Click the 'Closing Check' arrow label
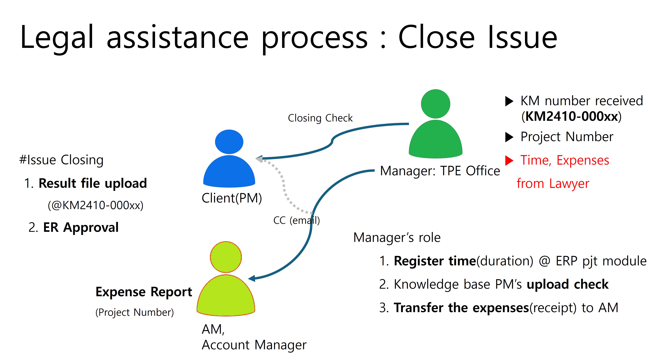coord(320,118)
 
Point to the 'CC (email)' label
coord(296,220)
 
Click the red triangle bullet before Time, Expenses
coord(509,160)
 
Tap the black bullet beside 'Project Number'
coord(509,137)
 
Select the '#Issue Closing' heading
coord(61,160)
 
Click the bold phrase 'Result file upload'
coord(93,183)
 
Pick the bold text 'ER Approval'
coord(81,227)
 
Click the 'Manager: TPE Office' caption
coord(440,171)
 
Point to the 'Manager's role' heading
coord(397,238)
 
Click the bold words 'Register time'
coord(435,261)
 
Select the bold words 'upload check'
coord(567,284)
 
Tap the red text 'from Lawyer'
coord(553,183)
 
